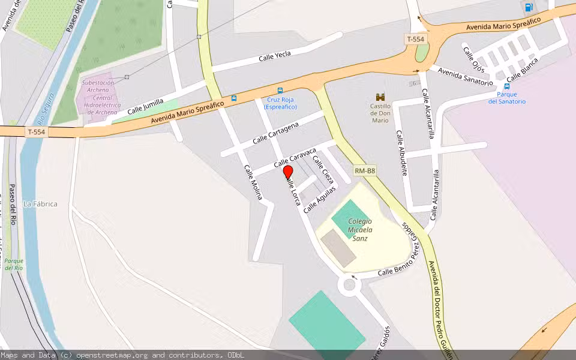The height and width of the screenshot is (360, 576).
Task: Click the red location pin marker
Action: pyautogui.click(x=288, y=173)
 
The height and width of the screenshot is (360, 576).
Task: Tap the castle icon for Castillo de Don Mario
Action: pyautogui.click(x=380, y=97)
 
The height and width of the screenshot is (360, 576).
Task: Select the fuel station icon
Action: pyautogui.click(x=529, y=7)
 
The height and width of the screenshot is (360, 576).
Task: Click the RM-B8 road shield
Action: pyautogui.click(x=365, y=171)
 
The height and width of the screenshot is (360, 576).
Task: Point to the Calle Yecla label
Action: pyautogui.click(x=275, y=56)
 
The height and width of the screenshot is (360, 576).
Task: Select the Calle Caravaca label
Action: pyautogui.click(x=295, y=157)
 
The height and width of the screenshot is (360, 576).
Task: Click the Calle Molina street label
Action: pyautogui.click(x=253, y=182)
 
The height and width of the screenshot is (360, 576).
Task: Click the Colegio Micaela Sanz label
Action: pyautogui.click(x=360, y=229)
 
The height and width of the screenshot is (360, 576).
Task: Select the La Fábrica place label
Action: pyautogui.click(x=40, y=204)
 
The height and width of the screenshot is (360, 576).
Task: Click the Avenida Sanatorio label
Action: pyautogui.click(x=465, y=76)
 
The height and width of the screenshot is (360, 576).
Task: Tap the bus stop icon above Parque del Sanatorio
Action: pyautogui.click(x=507, y=86)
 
